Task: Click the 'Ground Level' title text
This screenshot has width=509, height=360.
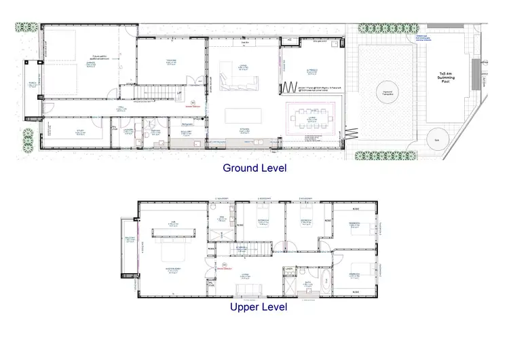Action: coord(254,168)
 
